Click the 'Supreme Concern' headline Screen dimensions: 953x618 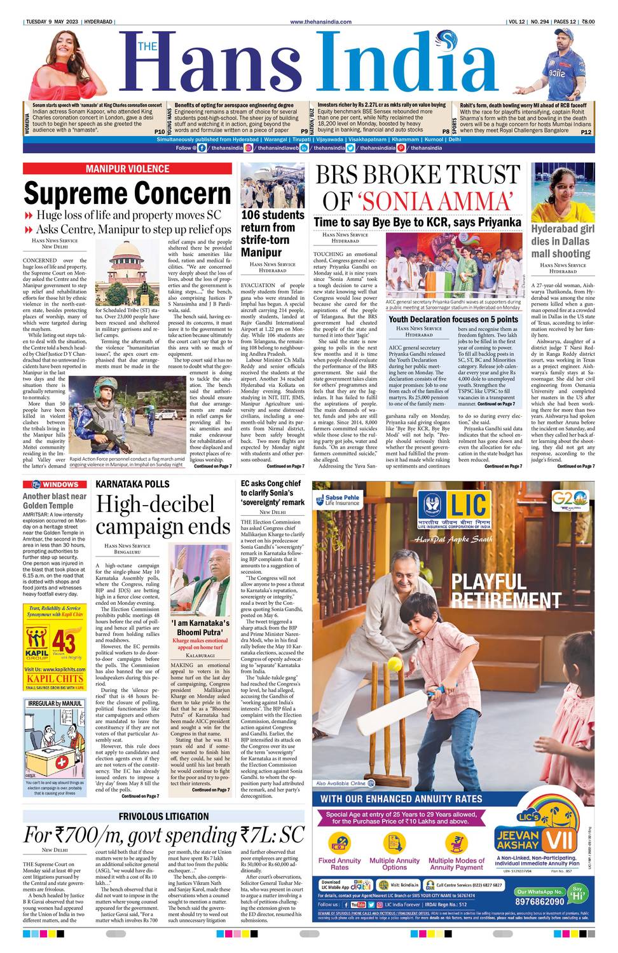tap(127, 193)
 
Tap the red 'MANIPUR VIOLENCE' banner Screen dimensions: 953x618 tap(128, 168)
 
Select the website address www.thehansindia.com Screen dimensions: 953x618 tap(320, 22)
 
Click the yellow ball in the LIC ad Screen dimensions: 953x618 tap(394, 665)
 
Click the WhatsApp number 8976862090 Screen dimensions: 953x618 tap(539, 901)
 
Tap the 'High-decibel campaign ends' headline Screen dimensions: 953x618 tap(163, 515)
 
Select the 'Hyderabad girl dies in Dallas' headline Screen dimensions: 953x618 tap(561, 241)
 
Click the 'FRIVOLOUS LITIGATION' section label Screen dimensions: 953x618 tap(163, 816)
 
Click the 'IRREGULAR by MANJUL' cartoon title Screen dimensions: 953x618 tap(54, 703)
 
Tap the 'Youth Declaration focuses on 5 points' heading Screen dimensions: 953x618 tap(453, 319)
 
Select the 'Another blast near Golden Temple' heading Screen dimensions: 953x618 tap(55, 501)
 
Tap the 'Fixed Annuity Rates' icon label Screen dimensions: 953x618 tap(340, 864)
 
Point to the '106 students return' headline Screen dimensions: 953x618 tap(272, 234)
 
